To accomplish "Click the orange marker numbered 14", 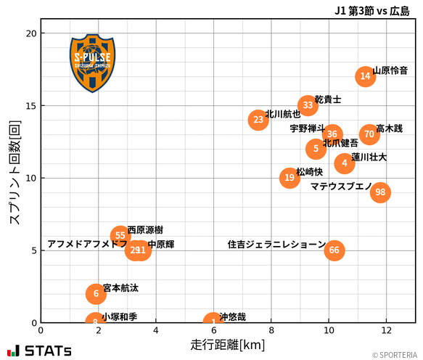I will point(366,76).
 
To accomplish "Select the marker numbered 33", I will point(308,105).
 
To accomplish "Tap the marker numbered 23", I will point(258,120).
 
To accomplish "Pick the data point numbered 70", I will point(370,134).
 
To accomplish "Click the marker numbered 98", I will point(380,192).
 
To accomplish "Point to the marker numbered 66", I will point(334,250).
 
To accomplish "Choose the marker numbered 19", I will point(289,178).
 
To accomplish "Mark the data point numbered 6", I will point(96,293).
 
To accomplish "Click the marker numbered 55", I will point(120,236).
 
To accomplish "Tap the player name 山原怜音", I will point(390,71).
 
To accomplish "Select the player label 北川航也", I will point(283,114).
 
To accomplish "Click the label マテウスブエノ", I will point(341,187).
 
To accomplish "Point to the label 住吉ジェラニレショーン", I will point(276,245).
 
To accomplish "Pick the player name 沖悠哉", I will point(232,317).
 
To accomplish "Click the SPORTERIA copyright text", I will point(396,355).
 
